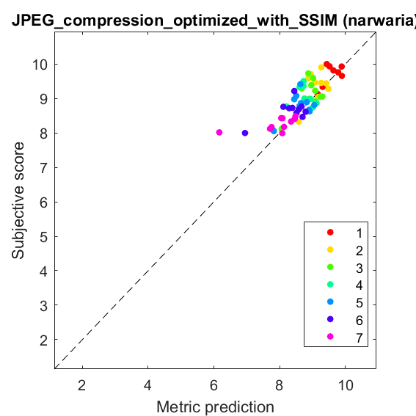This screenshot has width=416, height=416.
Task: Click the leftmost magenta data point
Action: coord(219,132)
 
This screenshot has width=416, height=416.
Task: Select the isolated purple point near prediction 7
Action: coord(245,133)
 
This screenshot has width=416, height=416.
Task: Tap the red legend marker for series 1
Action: coord(330,232)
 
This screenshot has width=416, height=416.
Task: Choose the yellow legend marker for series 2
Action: coord(330,249)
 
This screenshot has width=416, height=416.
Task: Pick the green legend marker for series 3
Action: coord(330,267)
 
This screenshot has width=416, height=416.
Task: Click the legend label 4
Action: coord(360,285)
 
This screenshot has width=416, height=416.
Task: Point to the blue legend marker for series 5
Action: coord(330,302)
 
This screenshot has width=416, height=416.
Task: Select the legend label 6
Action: coord(360,320)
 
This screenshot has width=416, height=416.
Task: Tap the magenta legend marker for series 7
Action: coord(330,337)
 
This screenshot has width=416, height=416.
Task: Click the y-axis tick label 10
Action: coord(40,65)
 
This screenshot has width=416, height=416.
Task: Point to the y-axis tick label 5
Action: coord(44,237)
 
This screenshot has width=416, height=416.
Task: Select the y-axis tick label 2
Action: coord(44,340)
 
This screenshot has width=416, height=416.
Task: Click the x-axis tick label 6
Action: coord(214,385)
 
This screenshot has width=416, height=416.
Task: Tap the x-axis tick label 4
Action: coord(147,385)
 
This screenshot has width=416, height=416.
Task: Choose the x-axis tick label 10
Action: coord(346,385)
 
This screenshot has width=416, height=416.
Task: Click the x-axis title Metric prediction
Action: coord(215,407)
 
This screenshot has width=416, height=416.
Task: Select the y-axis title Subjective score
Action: coord(18,200)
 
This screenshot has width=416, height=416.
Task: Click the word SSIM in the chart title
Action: coord(318,21)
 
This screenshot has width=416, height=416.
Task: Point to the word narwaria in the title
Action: coord(380,21)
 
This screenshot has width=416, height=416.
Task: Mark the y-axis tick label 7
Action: coord(44,168)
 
